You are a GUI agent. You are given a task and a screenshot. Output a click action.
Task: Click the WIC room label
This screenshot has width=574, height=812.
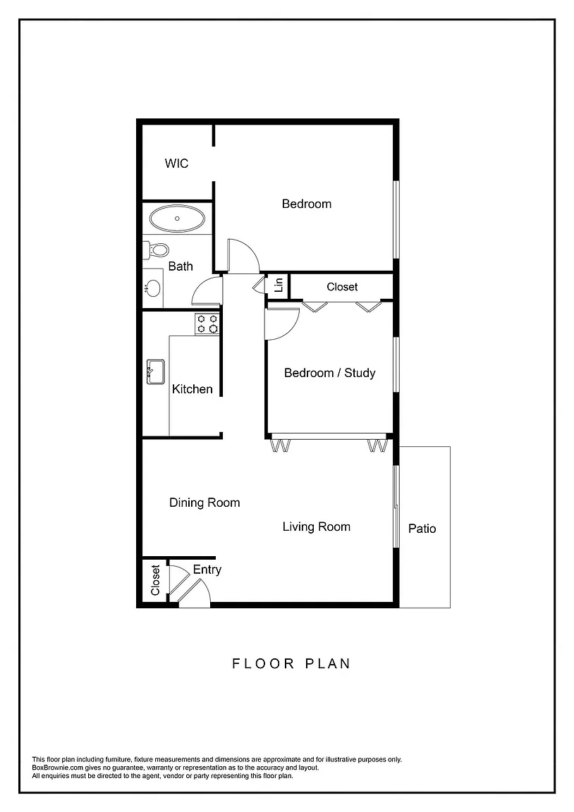[x=176, y=163]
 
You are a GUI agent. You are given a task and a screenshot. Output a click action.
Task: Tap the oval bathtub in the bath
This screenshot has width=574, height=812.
[x=177, y=219]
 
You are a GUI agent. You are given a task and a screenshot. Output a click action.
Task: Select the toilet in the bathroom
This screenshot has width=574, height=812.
[x=157, y=250]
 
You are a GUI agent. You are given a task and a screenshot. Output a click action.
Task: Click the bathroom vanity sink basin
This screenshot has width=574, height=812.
[x=153, y=288]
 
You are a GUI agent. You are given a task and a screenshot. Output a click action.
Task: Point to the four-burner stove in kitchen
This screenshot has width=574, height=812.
[x=207, y=324]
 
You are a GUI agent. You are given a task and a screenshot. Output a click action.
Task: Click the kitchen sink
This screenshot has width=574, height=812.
[x=155, y=372]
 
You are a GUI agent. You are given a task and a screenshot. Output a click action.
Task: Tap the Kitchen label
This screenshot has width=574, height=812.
[x=193, y=389]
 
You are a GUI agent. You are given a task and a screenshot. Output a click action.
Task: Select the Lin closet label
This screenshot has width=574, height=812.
[x=279, y=284]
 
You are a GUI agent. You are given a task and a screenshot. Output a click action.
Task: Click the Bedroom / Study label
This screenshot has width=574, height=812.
[x=329, y=373]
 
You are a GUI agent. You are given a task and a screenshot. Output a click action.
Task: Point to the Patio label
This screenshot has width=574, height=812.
[x=422, y=528]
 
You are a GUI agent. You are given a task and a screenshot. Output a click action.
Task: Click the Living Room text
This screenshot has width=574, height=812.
[x=316, y=527]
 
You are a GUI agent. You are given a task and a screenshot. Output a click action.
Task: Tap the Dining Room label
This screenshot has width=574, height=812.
[x=204, y=503]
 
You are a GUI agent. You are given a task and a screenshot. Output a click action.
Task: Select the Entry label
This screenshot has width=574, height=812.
[x=207, y=570]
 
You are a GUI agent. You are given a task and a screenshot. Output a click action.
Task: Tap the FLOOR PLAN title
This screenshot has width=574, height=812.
[x=291, y=663]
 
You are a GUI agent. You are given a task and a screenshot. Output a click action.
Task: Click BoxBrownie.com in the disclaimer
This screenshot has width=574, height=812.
[x=58, y=768]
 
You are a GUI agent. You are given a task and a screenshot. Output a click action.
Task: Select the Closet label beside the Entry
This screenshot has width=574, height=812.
[x=155, y=580]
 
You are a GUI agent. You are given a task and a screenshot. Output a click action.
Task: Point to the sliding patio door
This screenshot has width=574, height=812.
[x=396, y=506]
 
